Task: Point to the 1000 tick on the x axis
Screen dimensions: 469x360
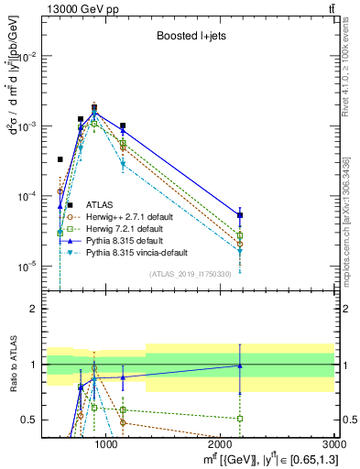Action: [x=107, y=443]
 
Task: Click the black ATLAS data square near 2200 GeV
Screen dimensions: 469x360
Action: [x=240, y=215]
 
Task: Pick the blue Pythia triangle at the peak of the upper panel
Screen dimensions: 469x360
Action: [x=94, y=113]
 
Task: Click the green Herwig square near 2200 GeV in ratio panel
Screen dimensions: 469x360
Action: [x=240, y=418]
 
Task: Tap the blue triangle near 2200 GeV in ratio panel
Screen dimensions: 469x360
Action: [x=240, y=365]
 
